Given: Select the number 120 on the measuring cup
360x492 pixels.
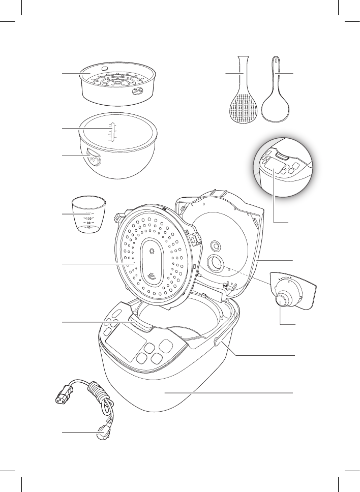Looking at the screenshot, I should click(88, 218).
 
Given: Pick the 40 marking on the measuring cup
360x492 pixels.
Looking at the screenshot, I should click(88, 228).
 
